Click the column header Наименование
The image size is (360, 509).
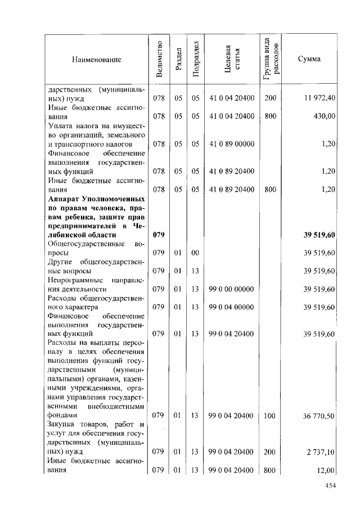(x=96, y=58)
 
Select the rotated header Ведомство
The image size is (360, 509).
(x=160, y=58)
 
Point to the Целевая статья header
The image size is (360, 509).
(x=232, y=58)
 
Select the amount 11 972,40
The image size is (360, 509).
(x=320, y=98)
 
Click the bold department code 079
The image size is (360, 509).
(x=159, y=235)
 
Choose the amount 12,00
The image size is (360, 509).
(x=327, y=470)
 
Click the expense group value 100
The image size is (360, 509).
(x=270, y=416)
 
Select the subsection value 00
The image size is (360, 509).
(x=195, y=253)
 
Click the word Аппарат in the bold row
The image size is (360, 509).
(x=64, y=199)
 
